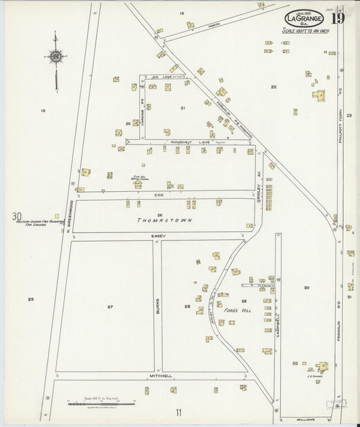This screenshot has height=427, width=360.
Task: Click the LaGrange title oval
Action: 303,19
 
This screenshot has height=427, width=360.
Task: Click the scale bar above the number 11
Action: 101,403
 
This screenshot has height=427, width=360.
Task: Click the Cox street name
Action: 159,195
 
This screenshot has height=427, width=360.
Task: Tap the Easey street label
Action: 159,236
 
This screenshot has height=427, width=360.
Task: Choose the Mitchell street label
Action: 161,376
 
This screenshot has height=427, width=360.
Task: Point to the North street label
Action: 215,25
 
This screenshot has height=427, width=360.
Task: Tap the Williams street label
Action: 305,420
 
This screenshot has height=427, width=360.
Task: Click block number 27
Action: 109,307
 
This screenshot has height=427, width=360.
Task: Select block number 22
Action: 274,87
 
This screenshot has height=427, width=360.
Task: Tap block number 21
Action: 182,108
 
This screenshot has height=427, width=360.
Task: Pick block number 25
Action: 30,299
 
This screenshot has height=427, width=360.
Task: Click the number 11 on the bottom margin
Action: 178,413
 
